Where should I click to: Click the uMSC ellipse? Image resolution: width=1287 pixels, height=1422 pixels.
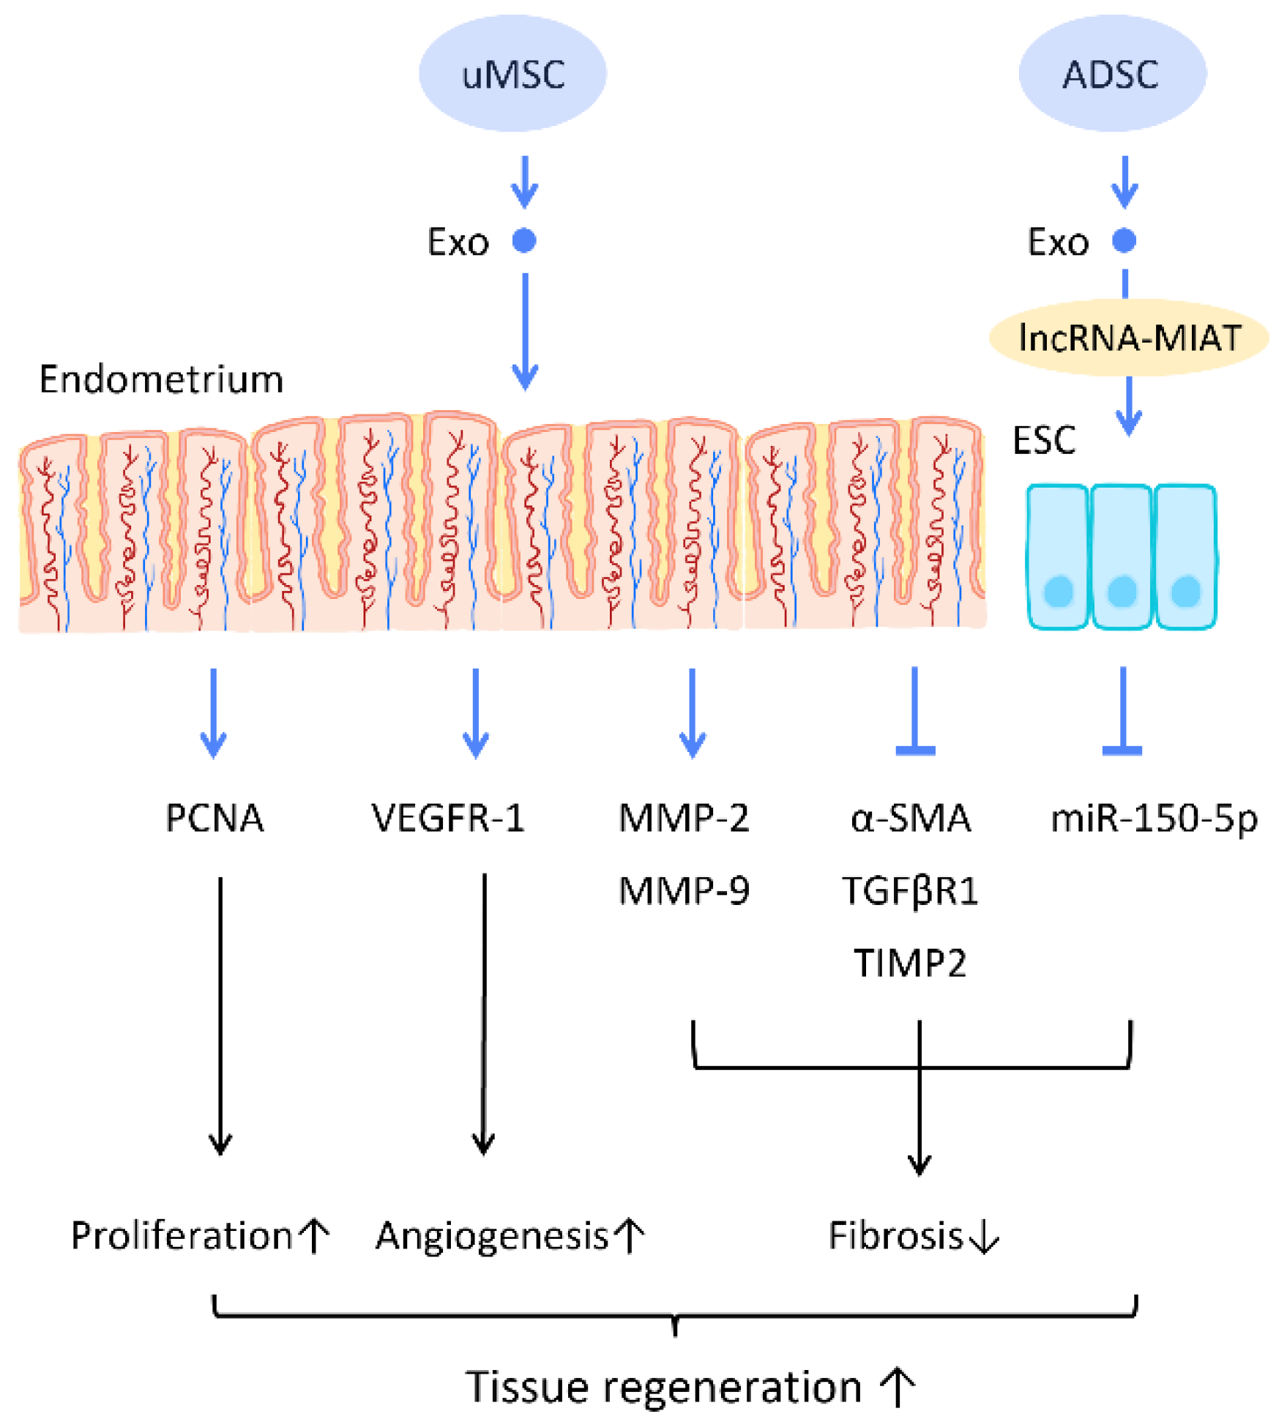click(512, 73)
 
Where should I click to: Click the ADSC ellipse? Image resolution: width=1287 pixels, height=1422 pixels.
click(1111, 73)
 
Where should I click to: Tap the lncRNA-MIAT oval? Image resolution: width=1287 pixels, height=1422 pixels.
click(1128, 338)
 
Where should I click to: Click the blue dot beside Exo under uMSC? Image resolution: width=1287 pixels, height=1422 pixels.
click(524, 240)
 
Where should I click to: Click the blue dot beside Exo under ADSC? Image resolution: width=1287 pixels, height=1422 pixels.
click(1124, 240)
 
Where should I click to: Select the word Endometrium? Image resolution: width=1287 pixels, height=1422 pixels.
click(161, 379)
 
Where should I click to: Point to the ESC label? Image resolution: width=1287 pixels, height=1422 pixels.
click(1043, 440)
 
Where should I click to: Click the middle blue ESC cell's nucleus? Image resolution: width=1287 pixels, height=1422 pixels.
click(1122, 590)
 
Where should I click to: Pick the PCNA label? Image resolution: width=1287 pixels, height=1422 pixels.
click(214, 818)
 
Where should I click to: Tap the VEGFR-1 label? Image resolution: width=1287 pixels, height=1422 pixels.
click(448, 818)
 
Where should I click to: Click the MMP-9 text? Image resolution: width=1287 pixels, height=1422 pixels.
click(684, 891)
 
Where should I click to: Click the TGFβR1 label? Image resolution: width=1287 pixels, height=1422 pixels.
click(910, 891)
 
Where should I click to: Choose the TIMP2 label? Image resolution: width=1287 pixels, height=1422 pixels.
click(910, 963)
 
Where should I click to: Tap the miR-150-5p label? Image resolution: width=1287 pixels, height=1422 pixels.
click(1154, 818)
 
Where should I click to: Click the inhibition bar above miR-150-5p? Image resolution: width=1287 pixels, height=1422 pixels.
click(1122, 750)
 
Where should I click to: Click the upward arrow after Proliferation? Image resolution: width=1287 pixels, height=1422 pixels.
click(316, 1236)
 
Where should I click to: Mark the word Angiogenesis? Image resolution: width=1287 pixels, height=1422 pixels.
click(492, 1236)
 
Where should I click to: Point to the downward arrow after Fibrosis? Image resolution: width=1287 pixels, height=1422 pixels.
click(984, 1236)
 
